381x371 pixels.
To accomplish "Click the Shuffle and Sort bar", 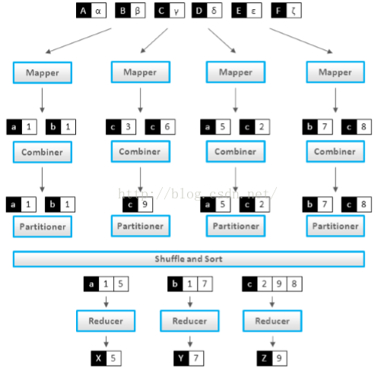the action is click(x=189, y=259).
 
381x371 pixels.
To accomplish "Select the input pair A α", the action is click(x=91, y=11).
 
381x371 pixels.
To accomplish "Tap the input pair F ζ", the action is click(x=286, y=11).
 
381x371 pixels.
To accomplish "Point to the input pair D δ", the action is click(x=207, y=11).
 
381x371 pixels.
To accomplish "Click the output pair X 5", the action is click(x=106, y=358).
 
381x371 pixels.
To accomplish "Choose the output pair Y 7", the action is click(x=189, y=358).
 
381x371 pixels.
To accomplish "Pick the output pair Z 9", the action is click(x=271, y=358).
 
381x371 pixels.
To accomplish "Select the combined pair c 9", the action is click(x=138, y=205).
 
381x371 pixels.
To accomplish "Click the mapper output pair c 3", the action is click(x=121, y=127).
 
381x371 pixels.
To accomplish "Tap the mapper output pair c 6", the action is click(x=160, y=127).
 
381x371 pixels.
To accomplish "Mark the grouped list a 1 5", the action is click(x=106, y=284).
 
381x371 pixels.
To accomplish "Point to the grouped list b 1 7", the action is click(x=190, y=284).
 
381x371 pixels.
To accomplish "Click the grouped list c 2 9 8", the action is click(x=272, y=284).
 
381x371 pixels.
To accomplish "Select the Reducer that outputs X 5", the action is click(x=106, y=321).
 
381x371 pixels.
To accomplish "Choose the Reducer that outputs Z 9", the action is click(x=272, y=321).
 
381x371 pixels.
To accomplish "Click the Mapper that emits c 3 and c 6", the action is click(x=141, y=72).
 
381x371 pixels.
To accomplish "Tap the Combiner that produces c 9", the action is click(x=141, y=151).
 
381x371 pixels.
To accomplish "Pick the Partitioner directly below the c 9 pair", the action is click(x=141, y=226).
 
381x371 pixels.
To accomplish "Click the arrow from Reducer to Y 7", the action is click(x=190, y=341).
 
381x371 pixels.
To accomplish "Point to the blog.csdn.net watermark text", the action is click(x=197, y=194).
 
